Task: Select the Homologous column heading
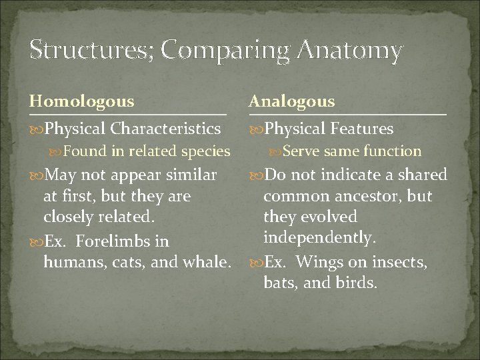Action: click(x=81, y=102)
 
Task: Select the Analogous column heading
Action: click(x=291, y=102)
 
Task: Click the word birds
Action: click(x=356, y=283)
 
